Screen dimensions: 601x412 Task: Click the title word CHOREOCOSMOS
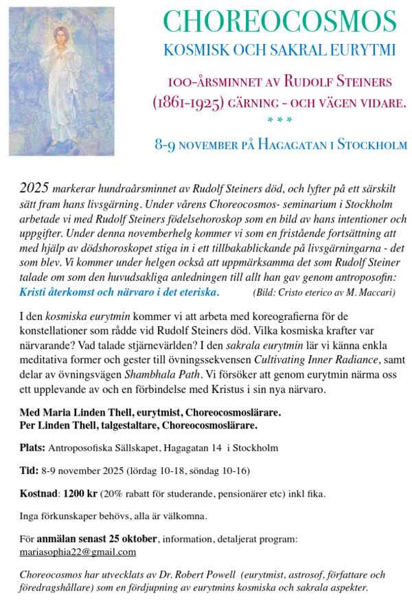click(x=279, y=22)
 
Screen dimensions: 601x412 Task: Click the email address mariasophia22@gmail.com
click(x=78, y=552)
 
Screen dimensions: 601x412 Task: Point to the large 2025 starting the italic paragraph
click(x=34, y=188)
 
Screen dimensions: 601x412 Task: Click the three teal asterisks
click(x=279, y=122)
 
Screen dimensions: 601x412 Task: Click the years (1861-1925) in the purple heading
click(x=187, y=103)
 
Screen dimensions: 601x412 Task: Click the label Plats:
click(x=32, y=448)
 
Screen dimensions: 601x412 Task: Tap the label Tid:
click(x=30, y=470)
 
